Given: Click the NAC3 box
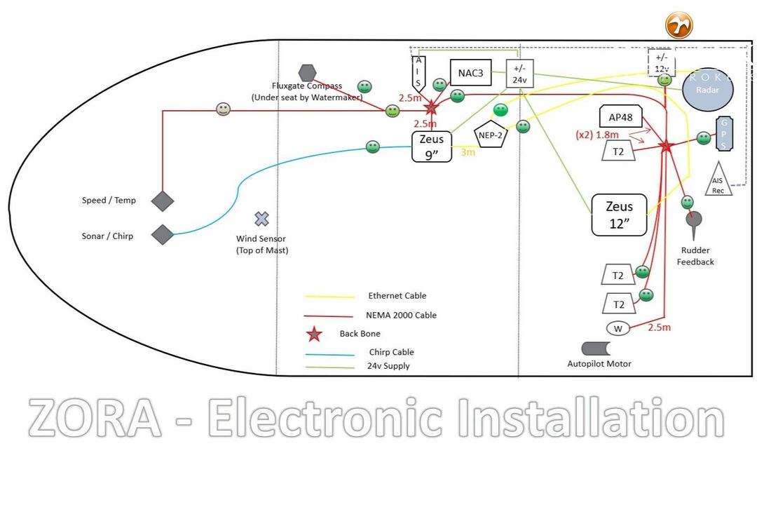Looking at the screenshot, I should pos(470,73).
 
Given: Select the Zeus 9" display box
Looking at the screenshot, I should pos(431,147).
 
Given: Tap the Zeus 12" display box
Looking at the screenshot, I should pos(619,214).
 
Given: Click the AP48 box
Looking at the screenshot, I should pos(621,117).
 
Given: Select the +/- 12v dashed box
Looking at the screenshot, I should pos(662,63).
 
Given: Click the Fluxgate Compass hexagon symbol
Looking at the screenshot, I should pos(307,73).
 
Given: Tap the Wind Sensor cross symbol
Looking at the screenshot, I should pos(261,219).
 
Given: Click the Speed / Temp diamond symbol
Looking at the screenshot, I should pos(163,201).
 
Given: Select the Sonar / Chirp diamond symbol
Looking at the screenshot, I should pos(163,235).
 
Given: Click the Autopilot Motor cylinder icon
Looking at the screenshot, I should pos(596,349).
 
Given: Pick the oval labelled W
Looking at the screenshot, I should pos(618,329).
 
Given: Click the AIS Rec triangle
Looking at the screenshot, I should pos(718,180).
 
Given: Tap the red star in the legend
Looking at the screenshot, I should pos(315,334).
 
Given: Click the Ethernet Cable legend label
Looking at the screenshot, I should pos(397,296).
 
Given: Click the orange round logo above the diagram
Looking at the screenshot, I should pos(678,25).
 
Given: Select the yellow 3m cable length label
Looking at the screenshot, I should pos(468,151).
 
